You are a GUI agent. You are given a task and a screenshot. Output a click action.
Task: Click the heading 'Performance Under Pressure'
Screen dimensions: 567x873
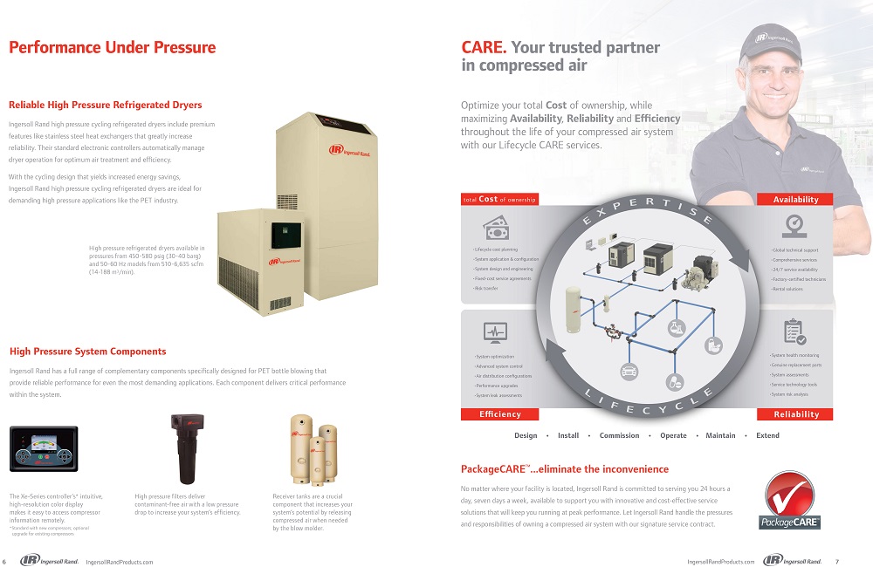(x=112, y=48)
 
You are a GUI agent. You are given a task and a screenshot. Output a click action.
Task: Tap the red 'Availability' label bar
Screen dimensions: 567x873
(x=795, y=200)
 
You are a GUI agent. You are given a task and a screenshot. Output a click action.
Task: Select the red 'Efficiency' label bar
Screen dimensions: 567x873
(x=500, y=414)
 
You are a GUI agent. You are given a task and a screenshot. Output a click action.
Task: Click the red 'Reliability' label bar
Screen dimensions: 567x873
(x=795, y=414)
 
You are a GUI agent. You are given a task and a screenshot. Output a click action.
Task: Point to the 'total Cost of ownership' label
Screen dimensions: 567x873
(x=499, y=200)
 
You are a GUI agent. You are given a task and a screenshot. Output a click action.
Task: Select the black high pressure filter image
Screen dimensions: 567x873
(x=185, y=448)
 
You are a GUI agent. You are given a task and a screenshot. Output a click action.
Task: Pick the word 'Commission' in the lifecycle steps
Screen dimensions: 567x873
(x=619, y=435)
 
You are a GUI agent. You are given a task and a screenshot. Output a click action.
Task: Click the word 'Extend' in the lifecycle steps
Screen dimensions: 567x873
(x=767, y=435)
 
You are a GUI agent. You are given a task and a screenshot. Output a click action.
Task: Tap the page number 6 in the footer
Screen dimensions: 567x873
(x=5, y=561)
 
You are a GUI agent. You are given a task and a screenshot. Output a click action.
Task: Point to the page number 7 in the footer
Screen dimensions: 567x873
(x=836, y=561)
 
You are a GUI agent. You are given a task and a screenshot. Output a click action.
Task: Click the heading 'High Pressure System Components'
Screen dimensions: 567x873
(x=87, y=352)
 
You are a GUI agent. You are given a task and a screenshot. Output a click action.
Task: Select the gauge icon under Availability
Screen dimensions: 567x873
(x=794, y=225)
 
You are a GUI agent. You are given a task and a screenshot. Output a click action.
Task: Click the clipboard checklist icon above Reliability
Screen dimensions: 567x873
(x=794, y=331)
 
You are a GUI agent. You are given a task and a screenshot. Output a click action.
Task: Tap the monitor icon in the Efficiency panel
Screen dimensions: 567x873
(x=495, y=332)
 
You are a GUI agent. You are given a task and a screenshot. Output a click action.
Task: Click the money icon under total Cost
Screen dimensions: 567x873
(x=496, y=227)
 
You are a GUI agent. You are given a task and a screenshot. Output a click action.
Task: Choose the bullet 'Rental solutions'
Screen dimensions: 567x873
(x=787, y=289)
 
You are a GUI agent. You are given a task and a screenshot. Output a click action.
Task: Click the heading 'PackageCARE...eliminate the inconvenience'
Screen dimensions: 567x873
(x=564, y=469)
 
